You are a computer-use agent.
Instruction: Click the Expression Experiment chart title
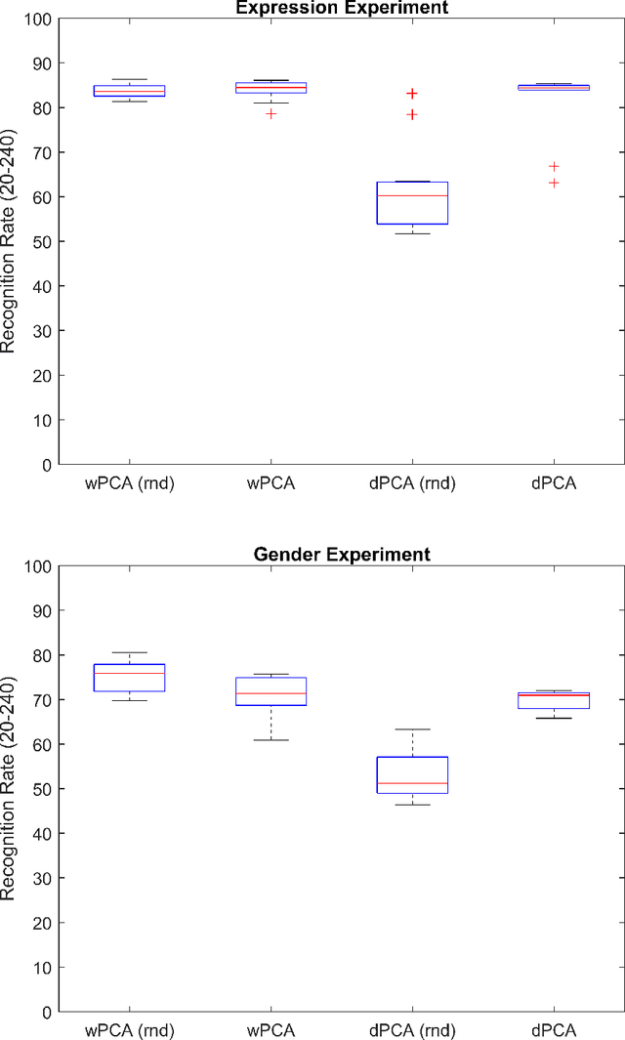pyautogui.click(x=342, y=8)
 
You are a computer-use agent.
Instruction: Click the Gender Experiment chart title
pyautogui.click(x=342, y=555)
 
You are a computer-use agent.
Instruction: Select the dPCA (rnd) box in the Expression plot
pyautogui.click(x=412, y=203)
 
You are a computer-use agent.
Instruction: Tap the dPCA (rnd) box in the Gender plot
pyautogui.click(x=412, y=774)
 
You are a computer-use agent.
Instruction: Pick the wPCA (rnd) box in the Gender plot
pyautogui.click(x=129, y=678)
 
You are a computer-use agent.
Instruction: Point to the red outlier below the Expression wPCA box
pyautogui.click(x=271, y=113)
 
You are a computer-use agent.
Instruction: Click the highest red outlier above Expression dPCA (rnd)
pyautogui.click(x=412, y=94)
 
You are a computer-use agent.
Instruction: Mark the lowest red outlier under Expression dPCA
pyautogui.click(x=554, y=183)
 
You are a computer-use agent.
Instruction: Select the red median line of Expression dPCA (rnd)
pyautogui.click(x=412, y=196)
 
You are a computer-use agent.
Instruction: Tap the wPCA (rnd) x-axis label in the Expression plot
pyautogui.click(x=129, y=483)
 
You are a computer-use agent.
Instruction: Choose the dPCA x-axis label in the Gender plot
pyautogui.click(x=554, y=1030)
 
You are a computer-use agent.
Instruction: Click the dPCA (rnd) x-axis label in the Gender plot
pyautogui.click(x=412, y=1030)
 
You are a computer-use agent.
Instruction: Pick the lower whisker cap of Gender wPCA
pyautogui.click(x=271, y=740)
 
